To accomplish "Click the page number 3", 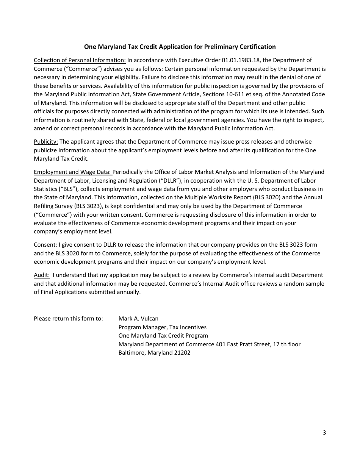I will pyautogui.click(x=324, y=433).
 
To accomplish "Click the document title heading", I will pyautogui.click(x=180, y=47).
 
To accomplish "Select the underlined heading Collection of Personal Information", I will pyautogui.click(x=80, y=60).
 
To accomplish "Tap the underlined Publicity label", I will pyautogui.click(x=45, y=142).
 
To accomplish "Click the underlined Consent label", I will pyautogui.click(x=45, y=245).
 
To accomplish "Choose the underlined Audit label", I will pyautogui.click(x=41, y=275).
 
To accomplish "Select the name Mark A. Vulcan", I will pyautogui.click(x=138, y=319).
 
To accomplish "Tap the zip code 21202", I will pyautogui.click(x=181, y=353).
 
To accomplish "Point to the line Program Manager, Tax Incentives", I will pyautogui.click(x=162, y=327).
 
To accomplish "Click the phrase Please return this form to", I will pyautogui.click(x=68, y=319).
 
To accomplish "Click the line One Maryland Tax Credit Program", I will pyautogui.click(x=163, y=336).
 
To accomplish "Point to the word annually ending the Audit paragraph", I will pyautogui.click(x=128, y=292).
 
